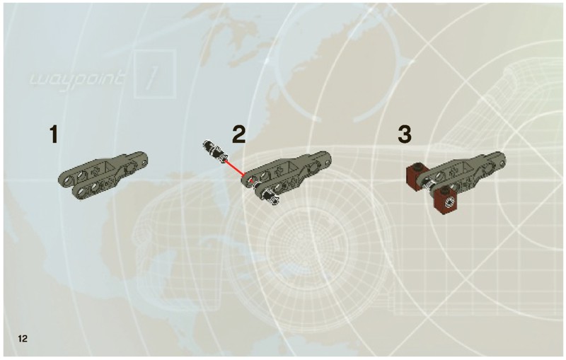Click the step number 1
(x=54, y=134)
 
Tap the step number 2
(x=239, y=134)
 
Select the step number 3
(x=405, y=134)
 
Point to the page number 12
(x=23, y=338)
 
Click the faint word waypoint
(x=78, y=79)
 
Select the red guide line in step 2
(x=235, y=168)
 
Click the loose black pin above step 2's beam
(x=215, y=151)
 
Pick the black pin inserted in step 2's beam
(x=268, y=193)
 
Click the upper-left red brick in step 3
(x=417, y=177)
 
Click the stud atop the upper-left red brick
(x=418, y=166)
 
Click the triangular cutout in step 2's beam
(x=293, y=166)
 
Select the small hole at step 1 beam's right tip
(x=144, y=163)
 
